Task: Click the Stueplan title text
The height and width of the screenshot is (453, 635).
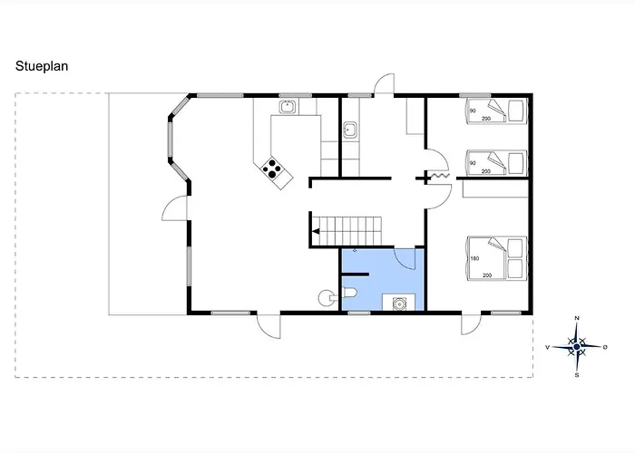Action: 42,66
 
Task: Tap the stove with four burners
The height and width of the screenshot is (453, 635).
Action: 272,169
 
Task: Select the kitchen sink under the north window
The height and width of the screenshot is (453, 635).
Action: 288,107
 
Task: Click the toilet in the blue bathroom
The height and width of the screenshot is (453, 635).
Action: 349,293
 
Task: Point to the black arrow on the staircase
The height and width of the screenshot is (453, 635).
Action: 316,232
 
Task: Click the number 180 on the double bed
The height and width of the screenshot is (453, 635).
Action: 475,258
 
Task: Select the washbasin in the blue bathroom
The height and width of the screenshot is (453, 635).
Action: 399,303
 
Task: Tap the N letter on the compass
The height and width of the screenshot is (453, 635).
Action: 577,318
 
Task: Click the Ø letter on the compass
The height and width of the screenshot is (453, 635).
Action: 605,347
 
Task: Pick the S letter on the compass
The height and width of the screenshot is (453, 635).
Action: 577,375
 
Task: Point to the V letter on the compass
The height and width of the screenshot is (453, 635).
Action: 548,347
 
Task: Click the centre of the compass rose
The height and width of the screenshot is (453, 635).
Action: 577,347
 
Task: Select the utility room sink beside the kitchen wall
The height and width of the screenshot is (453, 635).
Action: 349,130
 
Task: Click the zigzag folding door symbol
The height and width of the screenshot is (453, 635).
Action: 439,176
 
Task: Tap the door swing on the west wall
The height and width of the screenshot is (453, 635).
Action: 174,208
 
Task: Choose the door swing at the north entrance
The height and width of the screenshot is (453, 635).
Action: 384,83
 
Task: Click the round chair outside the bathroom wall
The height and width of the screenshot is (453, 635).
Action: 325,298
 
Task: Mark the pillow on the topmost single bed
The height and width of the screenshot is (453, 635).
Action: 515,110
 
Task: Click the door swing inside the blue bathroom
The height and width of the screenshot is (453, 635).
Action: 405,259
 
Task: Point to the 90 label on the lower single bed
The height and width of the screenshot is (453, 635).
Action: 473,163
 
